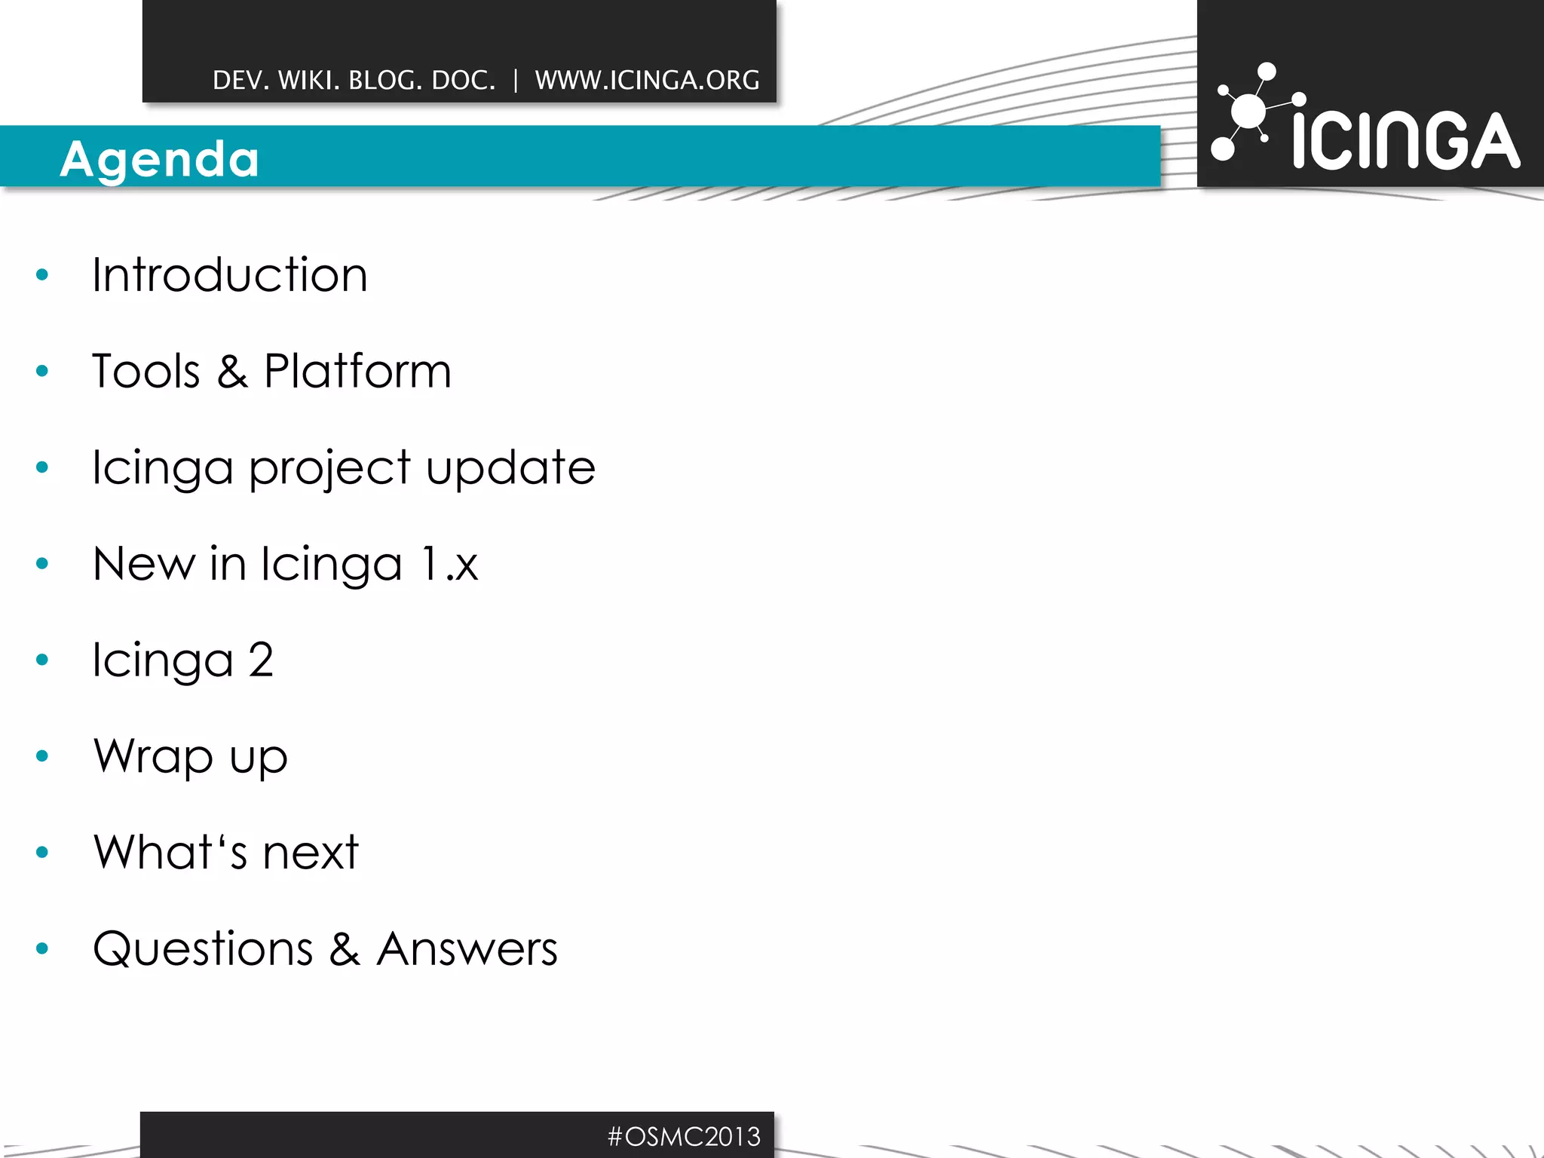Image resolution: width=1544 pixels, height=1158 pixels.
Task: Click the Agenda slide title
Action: (160, 159)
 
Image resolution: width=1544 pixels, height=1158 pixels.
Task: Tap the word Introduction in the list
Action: (230, 274)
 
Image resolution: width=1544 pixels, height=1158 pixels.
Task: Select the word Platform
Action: (357, 371)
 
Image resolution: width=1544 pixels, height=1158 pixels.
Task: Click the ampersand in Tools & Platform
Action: (233, 372)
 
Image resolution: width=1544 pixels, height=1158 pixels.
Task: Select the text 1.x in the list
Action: (449, 564)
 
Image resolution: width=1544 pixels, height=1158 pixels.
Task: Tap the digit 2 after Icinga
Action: (261, 660)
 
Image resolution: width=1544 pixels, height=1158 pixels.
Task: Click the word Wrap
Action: (153, 756)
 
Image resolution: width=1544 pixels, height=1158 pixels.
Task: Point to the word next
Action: (310, 853)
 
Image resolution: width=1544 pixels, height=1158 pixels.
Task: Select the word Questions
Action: (203, 948)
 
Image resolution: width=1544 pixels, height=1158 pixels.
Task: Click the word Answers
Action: (467, 948)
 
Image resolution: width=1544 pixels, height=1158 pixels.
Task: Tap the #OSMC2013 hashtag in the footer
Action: (684, 1136)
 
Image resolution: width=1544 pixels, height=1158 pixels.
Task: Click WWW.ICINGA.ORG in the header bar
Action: (647, 80)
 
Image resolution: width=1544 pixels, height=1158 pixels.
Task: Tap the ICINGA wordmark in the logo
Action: (1406, 140)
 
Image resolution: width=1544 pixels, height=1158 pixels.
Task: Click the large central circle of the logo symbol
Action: (1249, 111)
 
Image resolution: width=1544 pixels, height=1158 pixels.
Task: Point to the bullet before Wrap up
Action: (42, 755)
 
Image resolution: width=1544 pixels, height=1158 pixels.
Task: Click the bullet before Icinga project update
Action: (42, 467)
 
